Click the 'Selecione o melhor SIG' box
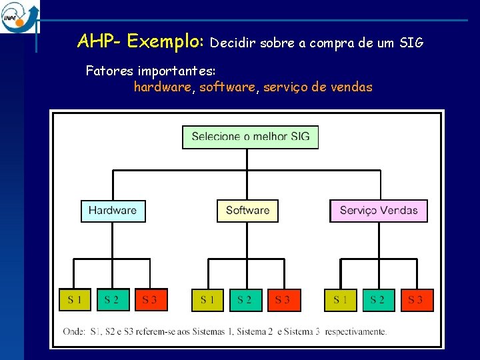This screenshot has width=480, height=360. coord(250,137)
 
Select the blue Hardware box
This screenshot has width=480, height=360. coord(113,211)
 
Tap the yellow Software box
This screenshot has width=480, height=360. coord(247,211)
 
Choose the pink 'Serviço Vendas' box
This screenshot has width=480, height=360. coord(379,211)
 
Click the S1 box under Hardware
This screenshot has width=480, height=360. coord(75,300)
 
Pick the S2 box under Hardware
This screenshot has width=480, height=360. coord(112,300)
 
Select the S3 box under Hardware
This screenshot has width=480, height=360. coord(150,300)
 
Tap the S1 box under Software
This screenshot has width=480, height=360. coord(208,300)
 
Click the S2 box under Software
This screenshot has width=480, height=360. coord(245,300)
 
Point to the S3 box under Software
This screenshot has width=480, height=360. coord(283,300)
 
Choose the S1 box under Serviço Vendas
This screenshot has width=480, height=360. coord(341,300)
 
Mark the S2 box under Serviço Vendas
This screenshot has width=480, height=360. coord(378,300)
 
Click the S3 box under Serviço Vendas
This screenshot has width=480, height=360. coord(416,300)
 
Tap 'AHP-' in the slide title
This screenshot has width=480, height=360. coord(99,42)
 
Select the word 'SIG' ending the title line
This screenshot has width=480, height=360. coord(411,43)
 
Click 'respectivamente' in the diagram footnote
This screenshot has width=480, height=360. coord(356,331)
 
